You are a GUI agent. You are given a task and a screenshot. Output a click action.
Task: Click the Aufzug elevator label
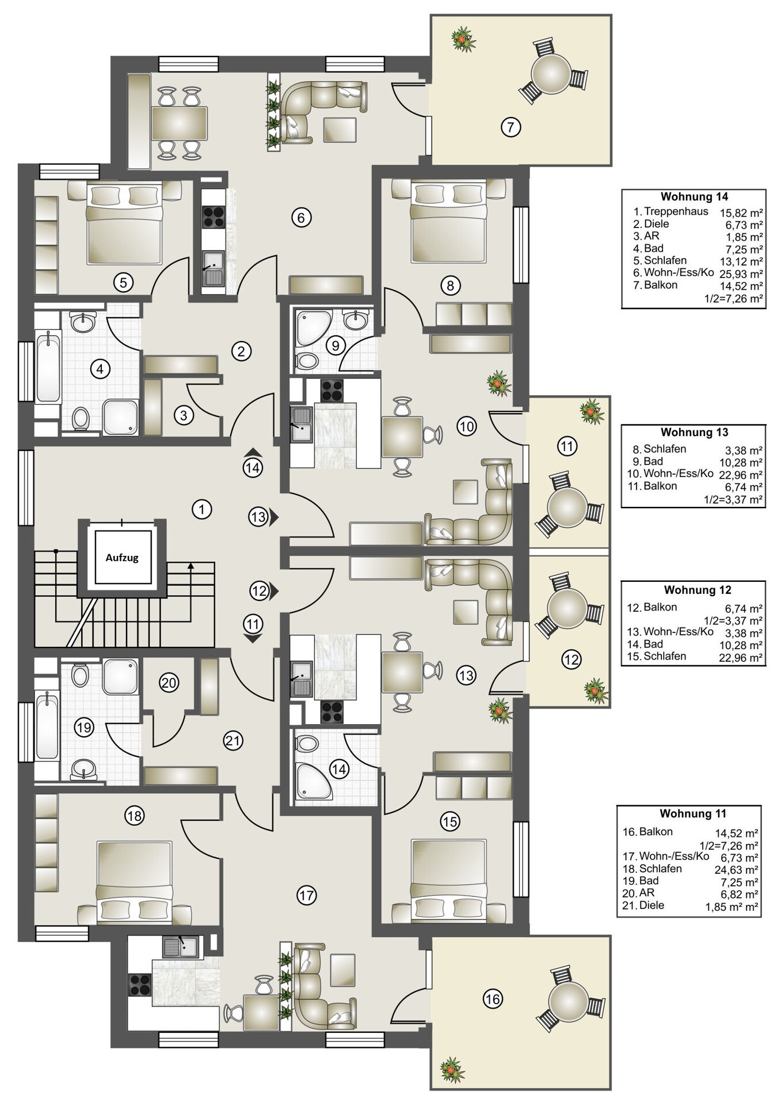point(122,557)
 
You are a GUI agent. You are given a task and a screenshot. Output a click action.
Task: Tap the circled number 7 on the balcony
point(510,126)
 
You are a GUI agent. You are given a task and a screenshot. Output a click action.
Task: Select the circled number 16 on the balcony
point(493,998)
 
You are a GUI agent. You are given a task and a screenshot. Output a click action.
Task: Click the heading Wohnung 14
point(694,197)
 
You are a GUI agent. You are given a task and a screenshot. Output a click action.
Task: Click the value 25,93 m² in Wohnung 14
point(741,274)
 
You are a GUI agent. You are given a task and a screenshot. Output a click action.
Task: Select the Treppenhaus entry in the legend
point(676,211)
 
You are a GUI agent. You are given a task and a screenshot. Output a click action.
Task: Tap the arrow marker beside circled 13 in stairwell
point(275,517)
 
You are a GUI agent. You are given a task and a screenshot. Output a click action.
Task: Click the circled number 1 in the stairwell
point(201,509)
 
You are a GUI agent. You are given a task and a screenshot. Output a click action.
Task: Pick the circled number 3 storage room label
point(184,415)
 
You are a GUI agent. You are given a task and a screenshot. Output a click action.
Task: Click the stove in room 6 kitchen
point(214,216)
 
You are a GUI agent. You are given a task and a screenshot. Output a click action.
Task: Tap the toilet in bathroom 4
point(81,418)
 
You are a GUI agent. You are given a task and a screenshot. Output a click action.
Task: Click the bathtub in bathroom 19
point(48,726)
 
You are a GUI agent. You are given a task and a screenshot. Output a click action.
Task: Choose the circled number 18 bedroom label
point(134,815)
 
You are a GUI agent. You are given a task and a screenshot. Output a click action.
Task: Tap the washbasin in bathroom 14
point(307,743)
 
